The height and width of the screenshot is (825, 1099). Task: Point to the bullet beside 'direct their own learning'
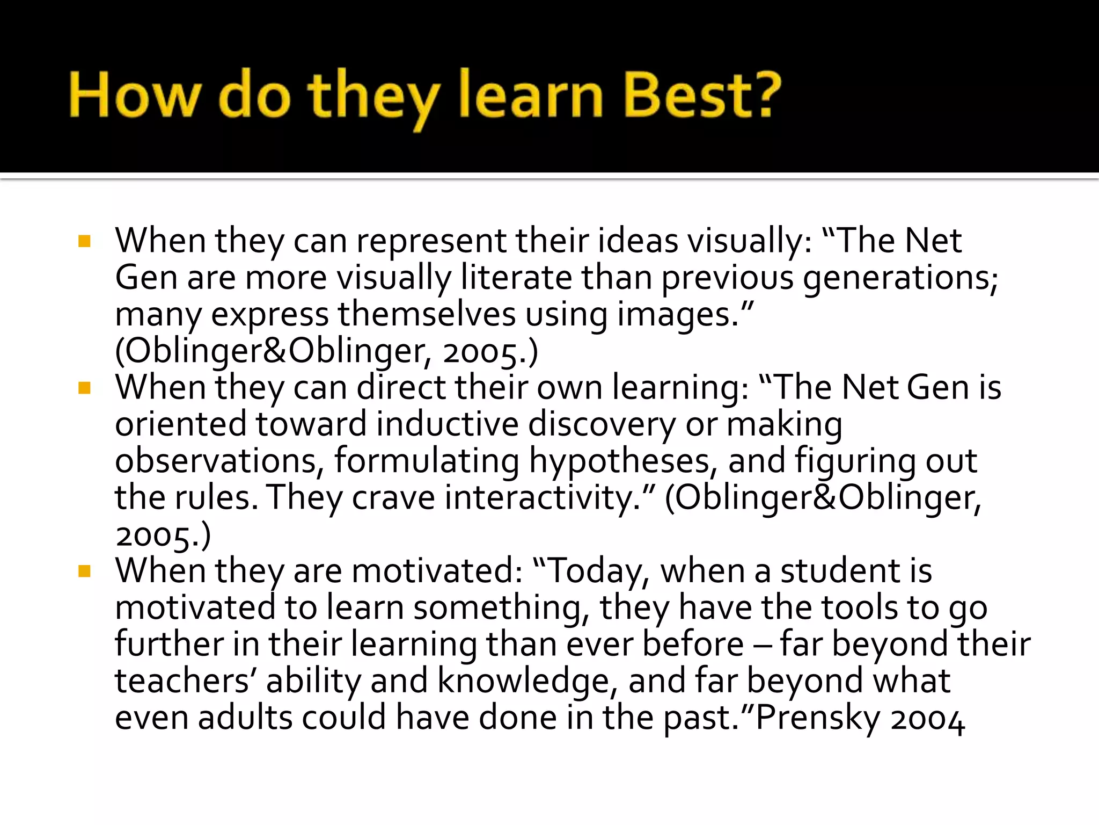84,388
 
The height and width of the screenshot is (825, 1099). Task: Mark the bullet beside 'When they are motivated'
84,571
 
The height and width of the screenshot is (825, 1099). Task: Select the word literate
517,278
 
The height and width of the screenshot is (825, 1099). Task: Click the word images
678,315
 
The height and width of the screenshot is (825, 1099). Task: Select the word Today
596,571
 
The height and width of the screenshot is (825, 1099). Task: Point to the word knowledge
524,681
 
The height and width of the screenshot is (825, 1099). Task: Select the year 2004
928,719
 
